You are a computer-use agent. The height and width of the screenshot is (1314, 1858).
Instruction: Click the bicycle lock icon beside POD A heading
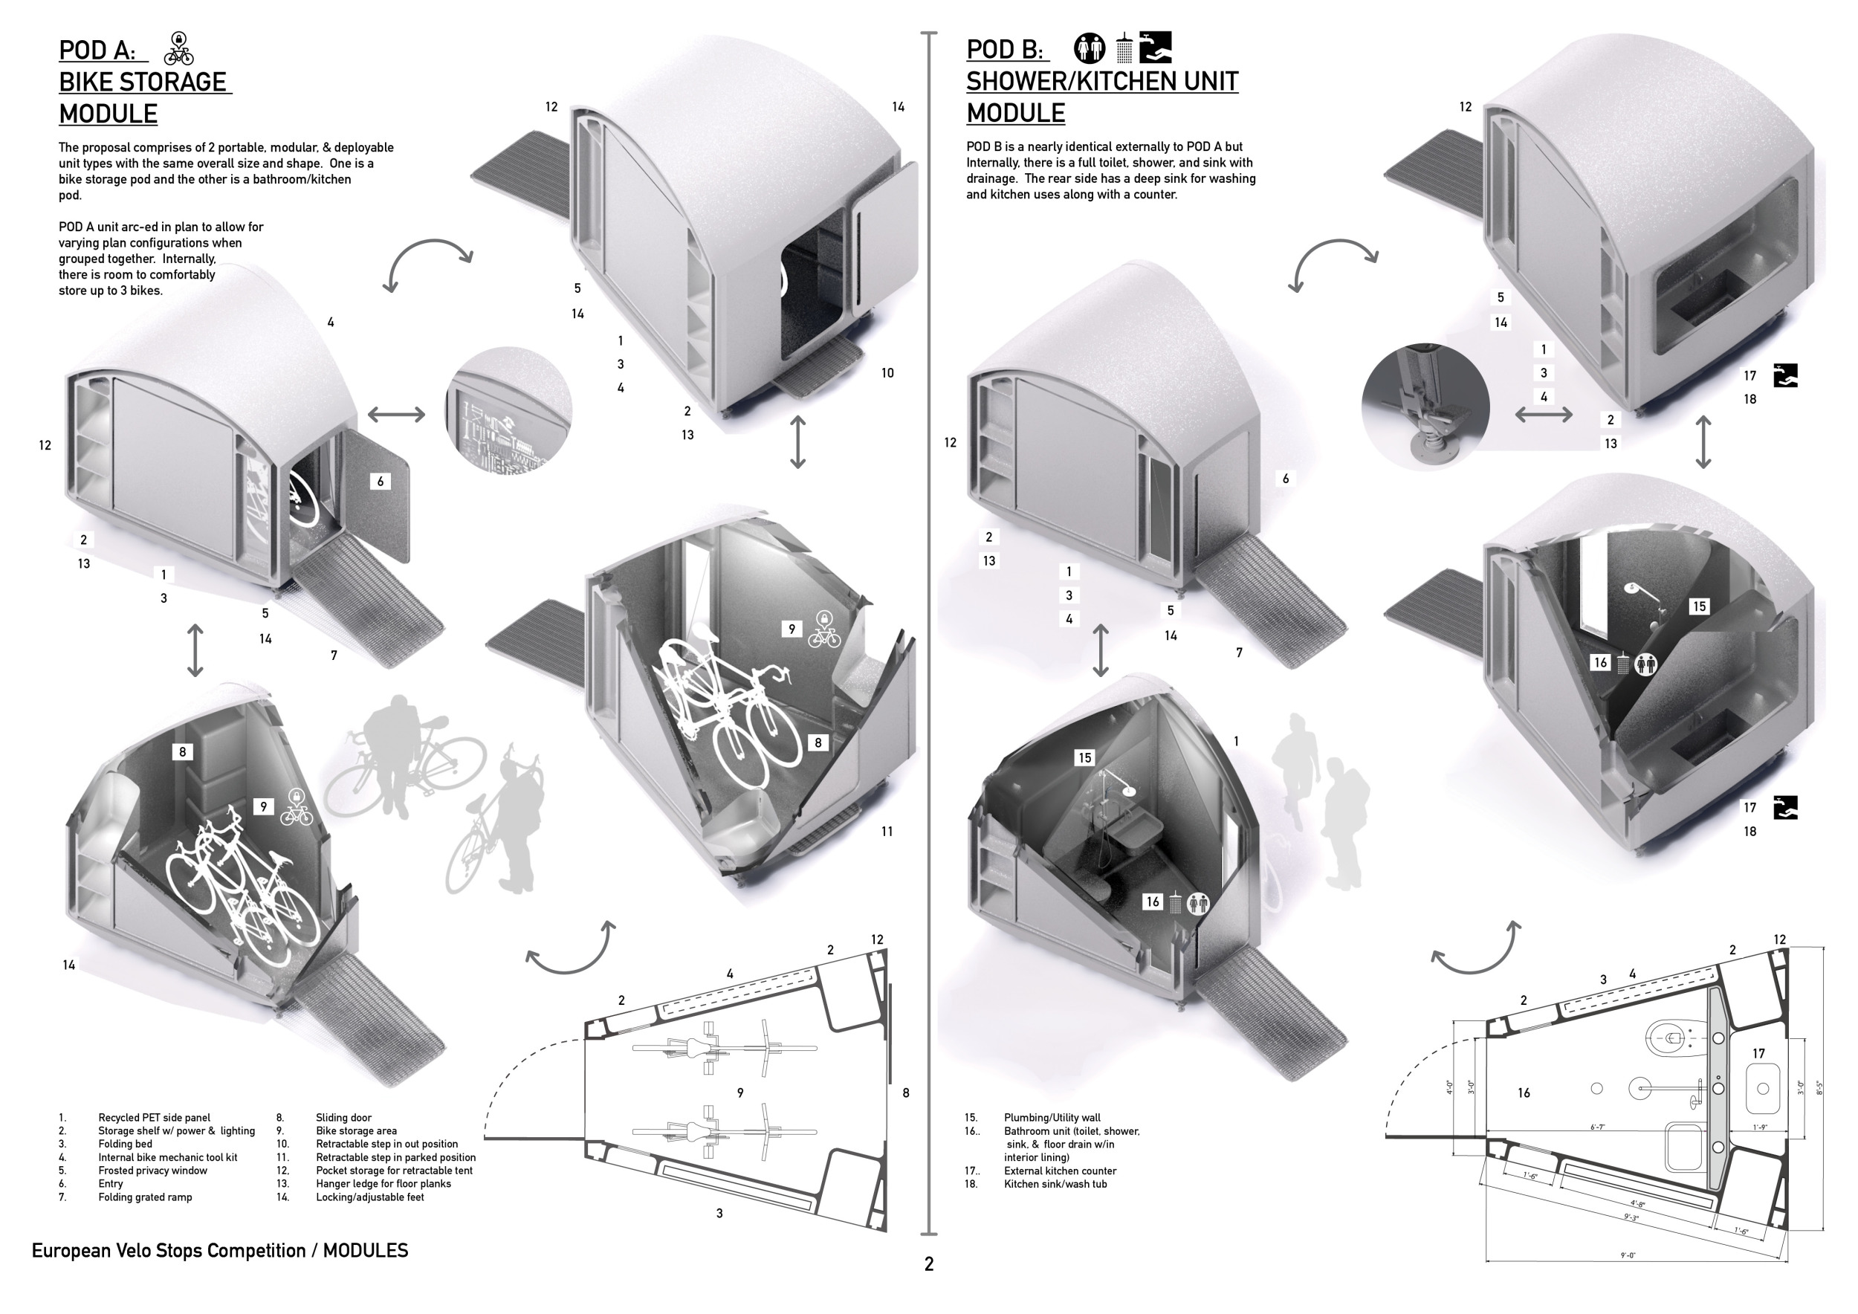[x=179, y=49]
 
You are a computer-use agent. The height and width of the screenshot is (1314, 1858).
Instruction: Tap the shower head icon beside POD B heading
[x=1124, y=48]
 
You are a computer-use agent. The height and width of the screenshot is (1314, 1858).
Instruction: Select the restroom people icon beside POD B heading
[x=1090, y=48]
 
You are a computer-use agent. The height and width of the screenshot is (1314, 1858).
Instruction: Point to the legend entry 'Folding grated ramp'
[x=145, y=1197]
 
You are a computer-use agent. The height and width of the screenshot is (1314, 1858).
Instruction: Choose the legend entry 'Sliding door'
[x=343, y=1117]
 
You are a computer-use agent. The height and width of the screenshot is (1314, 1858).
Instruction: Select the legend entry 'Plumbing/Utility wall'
[x=1052, y=1117]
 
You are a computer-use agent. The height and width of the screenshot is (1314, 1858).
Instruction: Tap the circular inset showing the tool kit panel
[x=508, y=411]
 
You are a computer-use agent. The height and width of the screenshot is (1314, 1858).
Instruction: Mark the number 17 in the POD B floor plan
[x=1758, y=1053]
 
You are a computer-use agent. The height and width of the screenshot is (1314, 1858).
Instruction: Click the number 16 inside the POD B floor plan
[x=1524, y=1093]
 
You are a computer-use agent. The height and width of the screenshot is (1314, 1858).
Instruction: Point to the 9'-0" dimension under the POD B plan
[x=1628, y=1255]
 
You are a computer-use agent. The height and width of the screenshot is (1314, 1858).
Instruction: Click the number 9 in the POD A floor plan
[x=740, y=1093]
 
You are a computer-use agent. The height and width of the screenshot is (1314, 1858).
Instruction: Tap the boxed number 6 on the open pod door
[x=381, y=482]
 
